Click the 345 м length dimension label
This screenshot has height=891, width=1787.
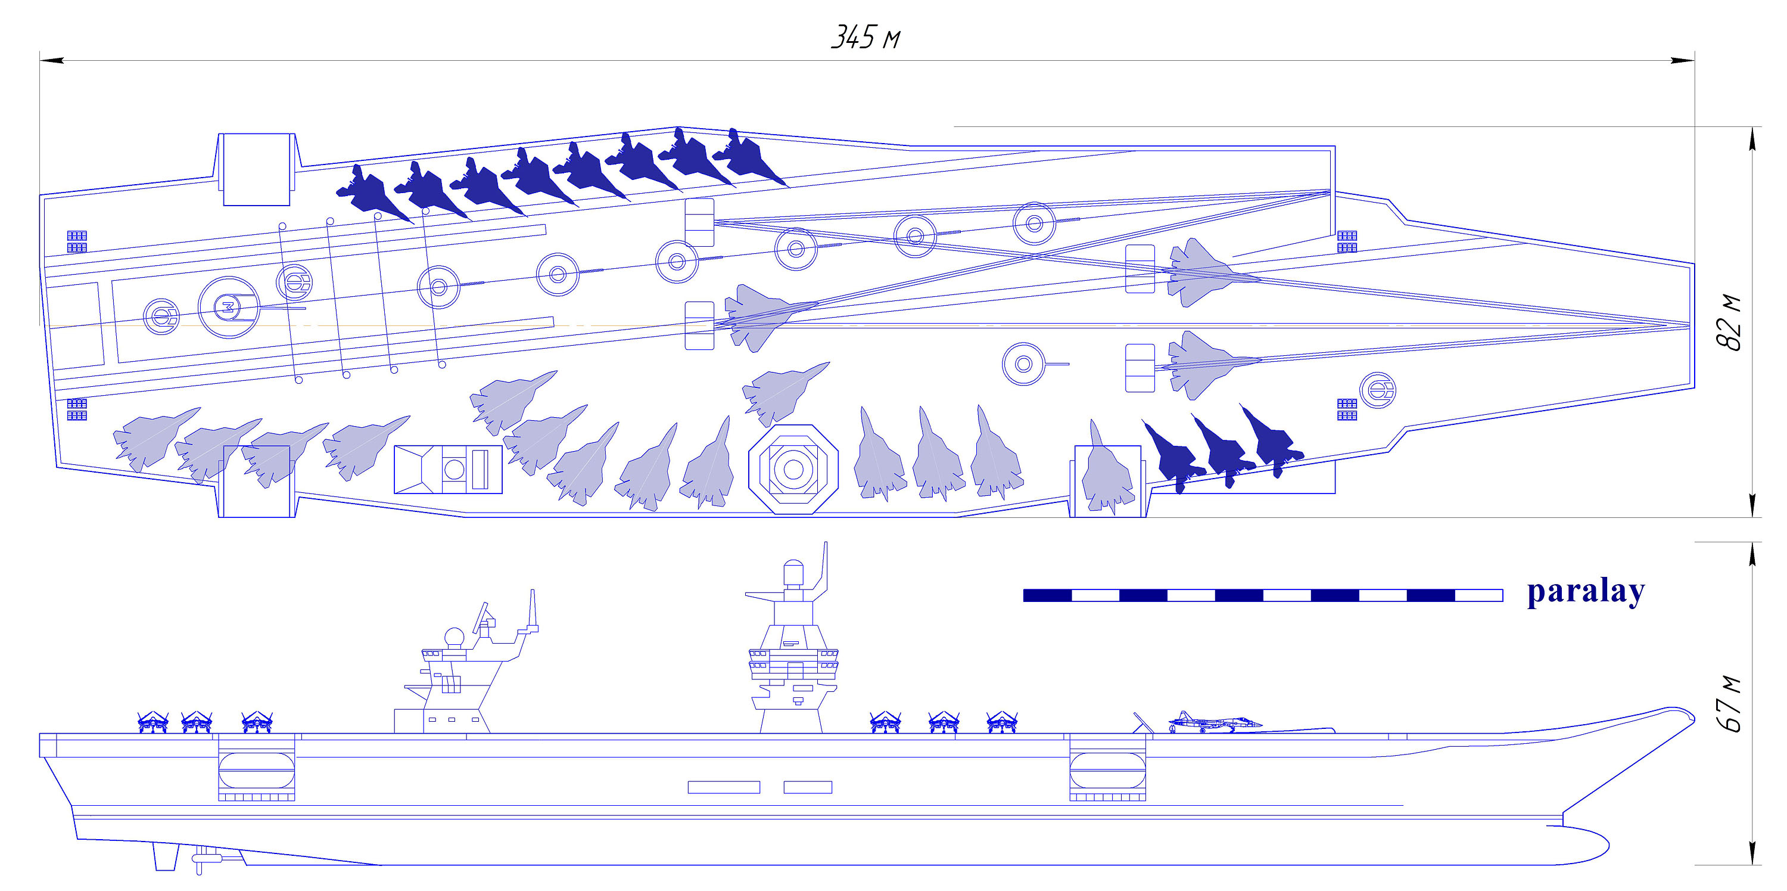click(x=865, y=38)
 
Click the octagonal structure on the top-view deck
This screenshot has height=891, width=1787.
click(x=793, y=469)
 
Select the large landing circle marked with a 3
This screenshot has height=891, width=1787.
click(x=228, y=307)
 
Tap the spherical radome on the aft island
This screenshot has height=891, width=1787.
click(x=454, y=638)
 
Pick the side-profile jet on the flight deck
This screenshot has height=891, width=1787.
click(x=1214, y=722)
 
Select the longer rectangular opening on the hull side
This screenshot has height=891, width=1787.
click(x=724, y=787)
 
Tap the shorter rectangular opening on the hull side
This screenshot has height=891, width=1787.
click(x=808, y=787)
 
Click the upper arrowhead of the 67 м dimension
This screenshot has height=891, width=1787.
click(x=1752, y=553)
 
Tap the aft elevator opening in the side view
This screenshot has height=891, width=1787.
click(x=256, y=769)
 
